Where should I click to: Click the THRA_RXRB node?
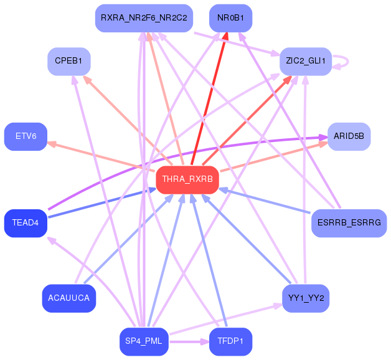[x=187, y=179]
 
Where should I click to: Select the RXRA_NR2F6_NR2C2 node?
[x=144, y=18]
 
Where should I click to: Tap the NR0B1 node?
[x=230, y=18]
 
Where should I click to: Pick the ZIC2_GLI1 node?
[x=305, y=61]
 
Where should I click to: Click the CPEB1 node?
[x=69, y=61]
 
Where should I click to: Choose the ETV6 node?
[x=26, y=136]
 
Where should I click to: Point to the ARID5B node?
[x=349, y=136]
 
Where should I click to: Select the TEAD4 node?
[x=26, y=223]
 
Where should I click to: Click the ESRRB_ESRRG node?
[x=349, y=223]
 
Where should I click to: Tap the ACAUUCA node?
[x=69, y=298]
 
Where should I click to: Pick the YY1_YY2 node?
[x=305, y=298]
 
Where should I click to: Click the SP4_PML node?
[x=144, y=341]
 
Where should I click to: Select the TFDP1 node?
[x=230, y=341]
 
